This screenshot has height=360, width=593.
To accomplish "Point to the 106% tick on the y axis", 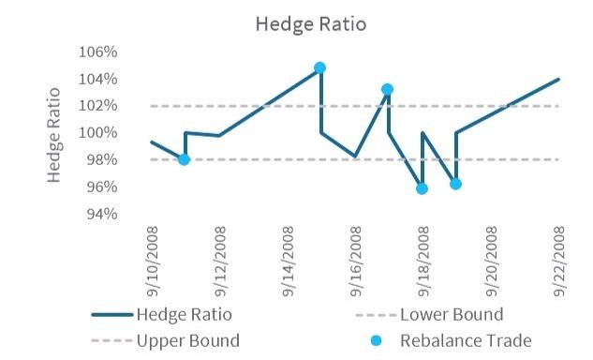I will point(123,52).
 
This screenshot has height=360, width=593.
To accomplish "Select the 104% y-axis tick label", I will point(123,79).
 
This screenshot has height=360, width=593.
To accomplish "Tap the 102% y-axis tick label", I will point(123,106).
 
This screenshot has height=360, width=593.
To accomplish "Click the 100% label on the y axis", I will point(123,133).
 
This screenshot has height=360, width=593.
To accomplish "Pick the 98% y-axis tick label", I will point(126,160).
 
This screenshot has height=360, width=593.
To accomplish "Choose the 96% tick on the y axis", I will point(126,187).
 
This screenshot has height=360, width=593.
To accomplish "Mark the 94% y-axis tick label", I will point(126,214).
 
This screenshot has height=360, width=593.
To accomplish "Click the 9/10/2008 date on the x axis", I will point(154,252).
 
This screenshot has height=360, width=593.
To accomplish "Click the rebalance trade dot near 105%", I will point(320,67).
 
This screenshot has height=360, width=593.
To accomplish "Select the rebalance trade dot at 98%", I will point(185,159).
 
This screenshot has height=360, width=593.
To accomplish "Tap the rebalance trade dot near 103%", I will point(388,90).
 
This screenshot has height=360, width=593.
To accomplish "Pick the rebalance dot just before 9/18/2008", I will point(422,188).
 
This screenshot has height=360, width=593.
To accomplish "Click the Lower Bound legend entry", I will point(451,314).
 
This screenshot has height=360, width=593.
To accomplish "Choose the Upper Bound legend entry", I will point(187,340).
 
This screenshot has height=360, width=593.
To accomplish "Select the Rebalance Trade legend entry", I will point(465,340).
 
